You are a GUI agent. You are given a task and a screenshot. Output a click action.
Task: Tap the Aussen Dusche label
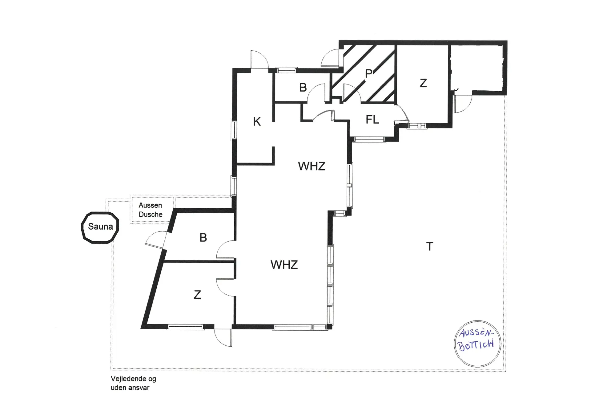[150, 210]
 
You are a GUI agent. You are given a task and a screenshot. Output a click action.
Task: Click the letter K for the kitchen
[257, 122]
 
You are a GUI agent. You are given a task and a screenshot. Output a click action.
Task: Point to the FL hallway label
[372, 120]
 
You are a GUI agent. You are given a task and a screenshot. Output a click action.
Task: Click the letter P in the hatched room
[368, 73]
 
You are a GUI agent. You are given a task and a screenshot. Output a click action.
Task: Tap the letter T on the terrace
[430, 246]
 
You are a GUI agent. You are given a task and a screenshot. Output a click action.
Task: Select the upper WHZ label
[312, 166]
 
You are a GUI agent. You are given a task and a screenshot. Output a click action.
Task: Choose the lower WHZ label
[284, 265]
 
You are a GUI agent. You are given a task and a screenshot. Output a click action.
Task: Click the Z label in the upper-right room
[423, 83]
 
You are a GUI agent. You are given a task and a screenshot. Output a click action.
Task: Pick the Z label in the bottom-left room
[197, 295]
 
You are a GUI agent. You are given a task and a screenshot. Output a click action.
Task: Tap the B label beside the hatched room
[303, 88]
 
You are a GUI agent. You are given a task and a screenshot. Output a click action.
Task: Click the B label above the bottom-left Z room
[203, 238]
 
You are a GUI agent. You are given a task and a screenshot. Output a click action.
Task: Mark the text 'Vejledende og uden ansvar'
[133, 383]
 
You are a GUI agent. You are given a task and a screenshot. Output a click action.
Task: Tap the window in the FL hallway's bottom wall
[369, 140]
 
